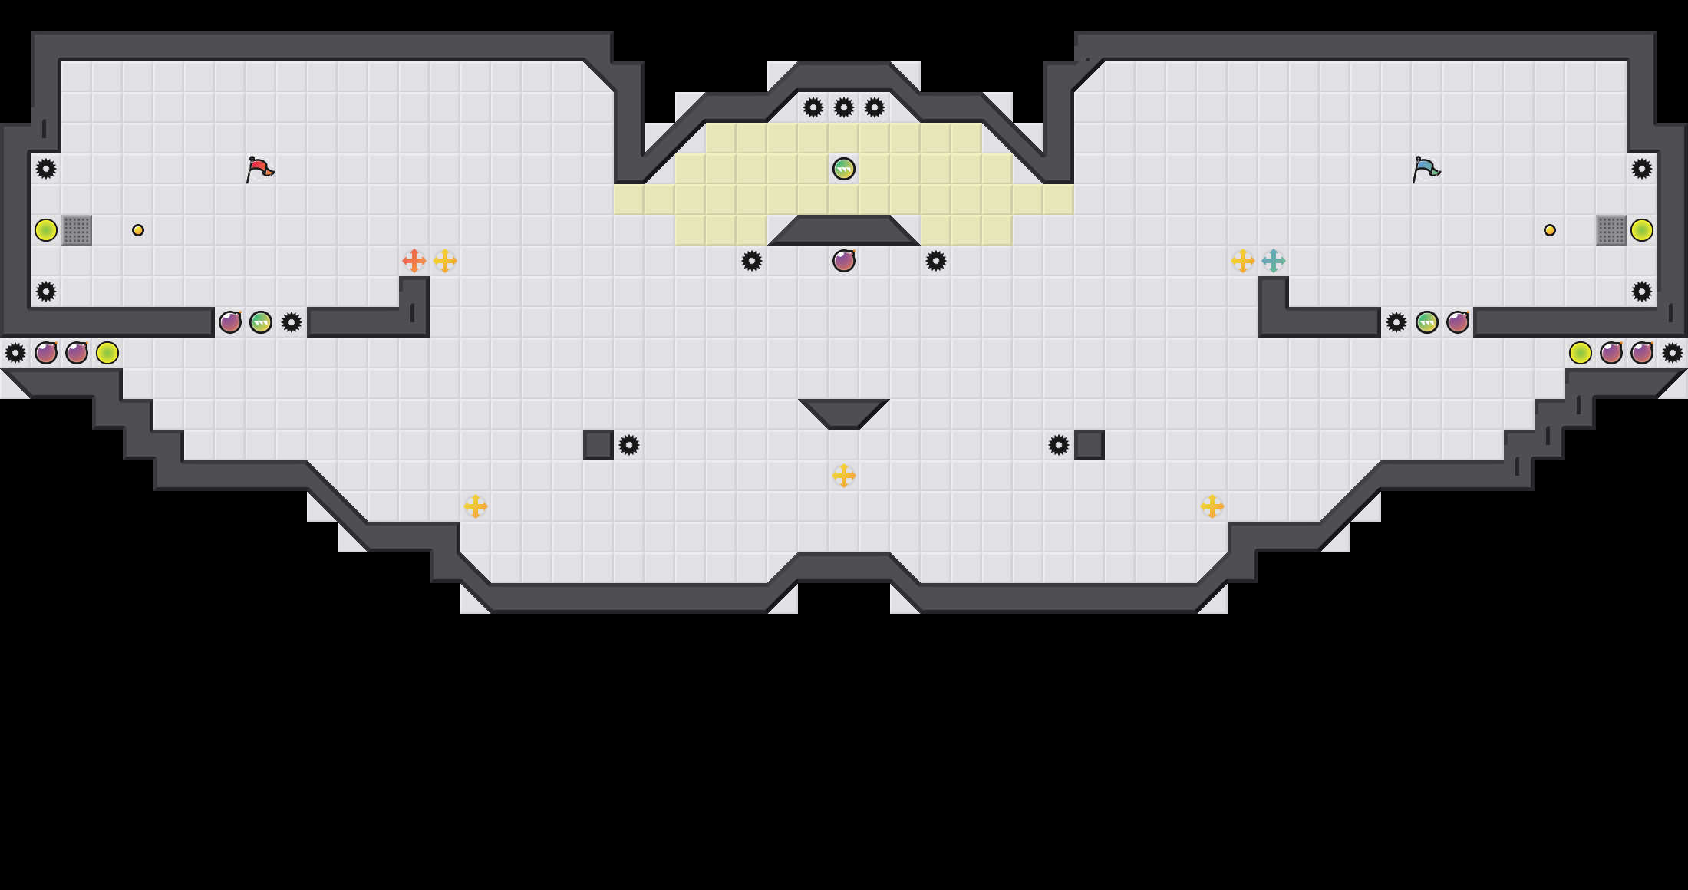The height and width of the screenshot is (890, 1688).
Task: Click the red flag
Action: click(259, 168)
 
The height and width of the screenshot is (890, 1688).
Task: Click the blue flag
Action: click(1426, 168)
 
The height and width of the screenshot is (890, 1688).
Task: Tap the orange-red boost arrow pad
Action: click(414, 261)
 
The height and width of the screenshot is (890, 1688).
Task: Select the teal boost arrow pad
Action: click(1274, 261)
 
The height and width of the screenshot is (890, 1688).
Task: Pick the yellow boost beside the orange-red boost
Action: click(445, 261)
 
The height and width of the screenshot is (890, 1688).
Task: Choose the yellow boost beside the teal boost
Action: click(1243, 261)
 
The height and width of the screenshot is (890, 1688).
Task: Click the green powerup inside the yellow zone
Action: click(844, 169)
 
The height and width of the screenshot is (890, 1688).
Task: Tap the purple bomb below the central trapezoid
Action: click(844, 261)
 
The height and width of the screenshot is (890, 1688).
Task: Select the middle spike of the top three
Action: click(844, 107)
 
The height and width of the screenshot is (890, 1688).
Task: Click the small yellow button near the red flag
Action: click(138, 230)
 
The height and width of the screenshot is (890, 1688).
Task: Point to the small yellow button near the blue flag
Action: click(1550, 230)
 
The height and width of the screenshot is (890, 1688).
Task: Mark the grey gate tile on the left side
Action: click(77, 230)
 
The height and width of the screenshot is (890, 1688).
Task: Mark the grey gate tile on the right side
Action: click(1611, 230)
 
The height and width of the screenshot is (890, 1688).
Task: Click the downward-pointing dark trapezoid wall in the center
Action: click(844, 411)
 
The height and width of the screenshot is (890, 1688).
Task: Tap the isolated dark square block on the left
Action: click(598, 445)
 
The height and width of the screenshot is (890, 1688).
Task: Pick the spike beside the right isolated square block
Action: click(1059, 445)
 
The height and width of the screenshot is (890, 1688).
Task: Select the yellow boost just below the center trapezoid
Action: click(844, 476)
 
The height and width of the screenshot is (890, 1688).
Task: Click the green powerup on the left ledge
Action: click(261, 322)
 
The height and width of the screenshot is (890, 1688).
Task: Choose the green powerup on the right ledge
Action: click(1427, 322)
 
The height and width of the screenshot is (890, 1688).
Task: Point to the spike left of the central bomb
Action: click(752, 261)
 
